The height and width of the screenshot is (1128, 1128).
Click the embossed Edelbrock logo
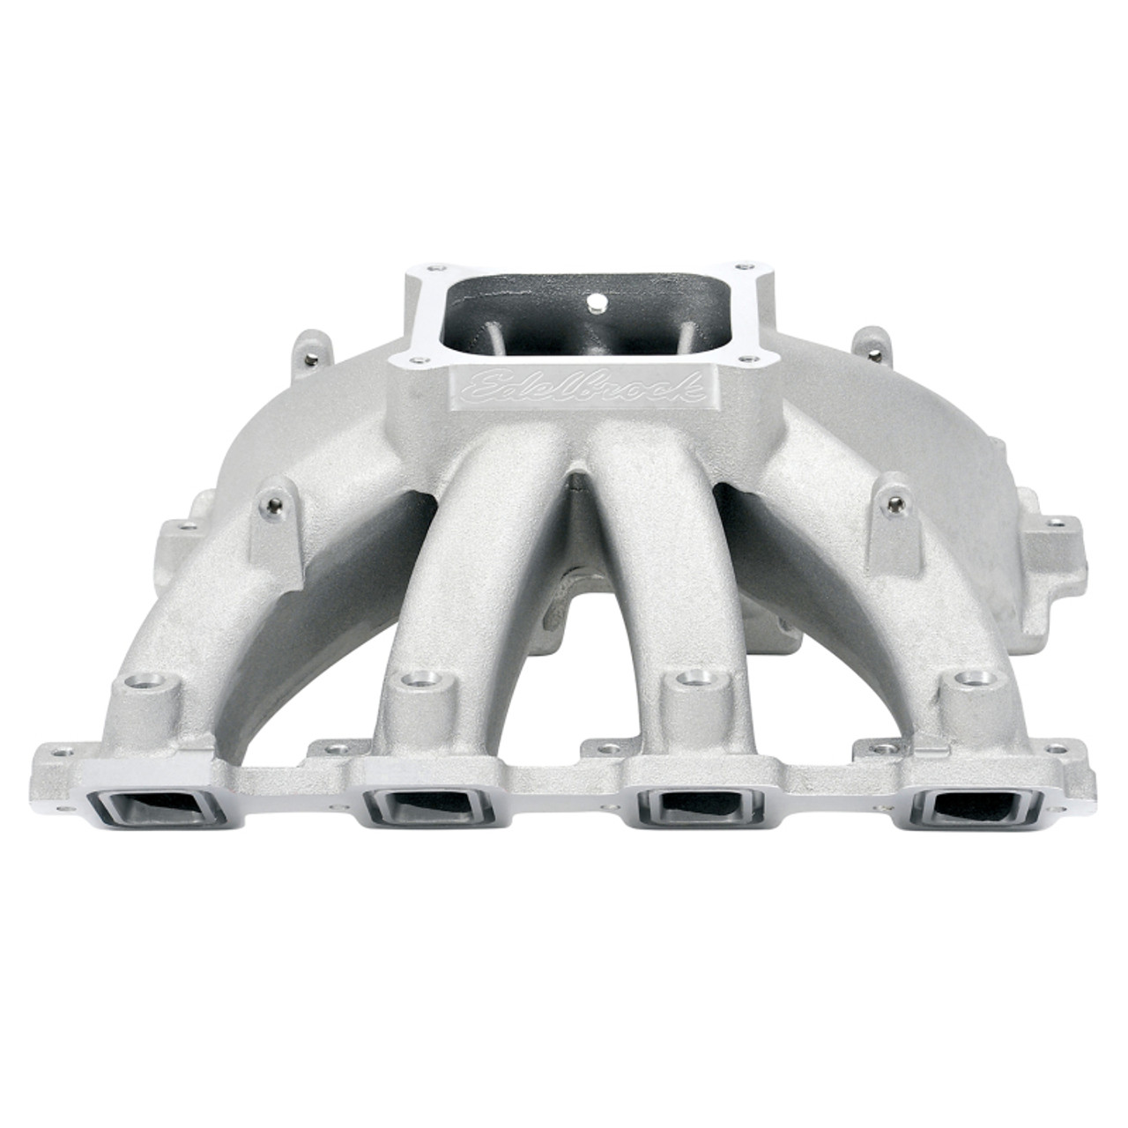click(x=577, y=389)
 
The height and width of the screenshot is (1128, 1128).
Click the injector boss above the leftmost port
click(x=156, y=686)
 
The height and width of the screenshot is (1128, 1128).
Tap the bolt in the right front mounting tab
click(x=897, y=503)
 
